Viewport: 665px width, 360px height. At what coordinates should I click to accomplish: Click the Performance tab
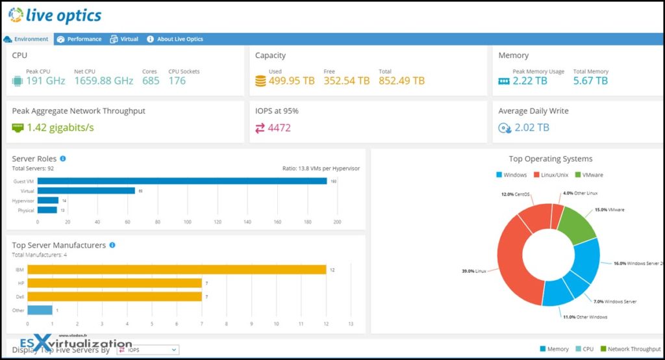[79, 39]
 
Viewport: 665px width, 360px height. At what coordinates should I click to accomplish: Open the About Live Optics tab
[175, 39]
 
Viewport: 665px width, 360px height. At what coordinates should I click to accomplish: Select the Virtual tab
[124, 39]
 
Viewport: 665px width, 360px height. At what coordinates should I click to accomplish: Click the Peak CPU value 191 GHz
[45, 81]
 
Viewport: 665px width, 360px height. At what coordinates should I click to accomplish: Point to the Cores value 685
[151, 81]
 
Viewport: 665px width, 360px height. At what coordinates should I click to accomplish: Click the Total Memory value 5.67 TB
[590, 81]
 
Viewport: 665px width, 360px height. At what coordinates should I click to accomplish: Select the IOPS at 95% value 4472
[279, 128]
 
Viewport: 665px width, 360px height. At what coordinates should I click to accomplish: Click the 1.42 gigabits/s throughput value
[60, 128]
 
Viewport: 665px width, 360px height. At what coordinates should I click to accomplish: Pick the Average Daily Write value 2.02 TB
[531, 128]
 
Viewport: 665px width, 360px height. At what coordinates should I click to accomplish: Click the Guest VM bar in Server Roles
[182, 181]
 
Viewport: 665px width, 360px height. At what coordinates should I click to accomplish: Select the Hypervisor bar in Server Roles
[48, 200]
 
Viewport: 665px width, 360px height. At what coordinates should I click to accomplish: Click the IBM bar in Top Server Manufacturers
[176, 270]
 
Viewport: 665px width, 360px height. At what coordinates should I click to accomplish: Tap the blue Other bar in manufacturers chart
[40, 310]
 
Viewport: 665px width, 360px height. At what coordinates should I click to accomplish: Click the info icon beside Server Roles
[63, 159]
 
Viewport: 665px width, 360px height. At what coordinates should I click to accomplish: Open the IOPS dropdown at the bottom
[147, 350]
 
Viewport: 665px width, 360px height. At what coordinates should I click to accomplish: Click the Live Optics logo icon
[16, 14]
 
